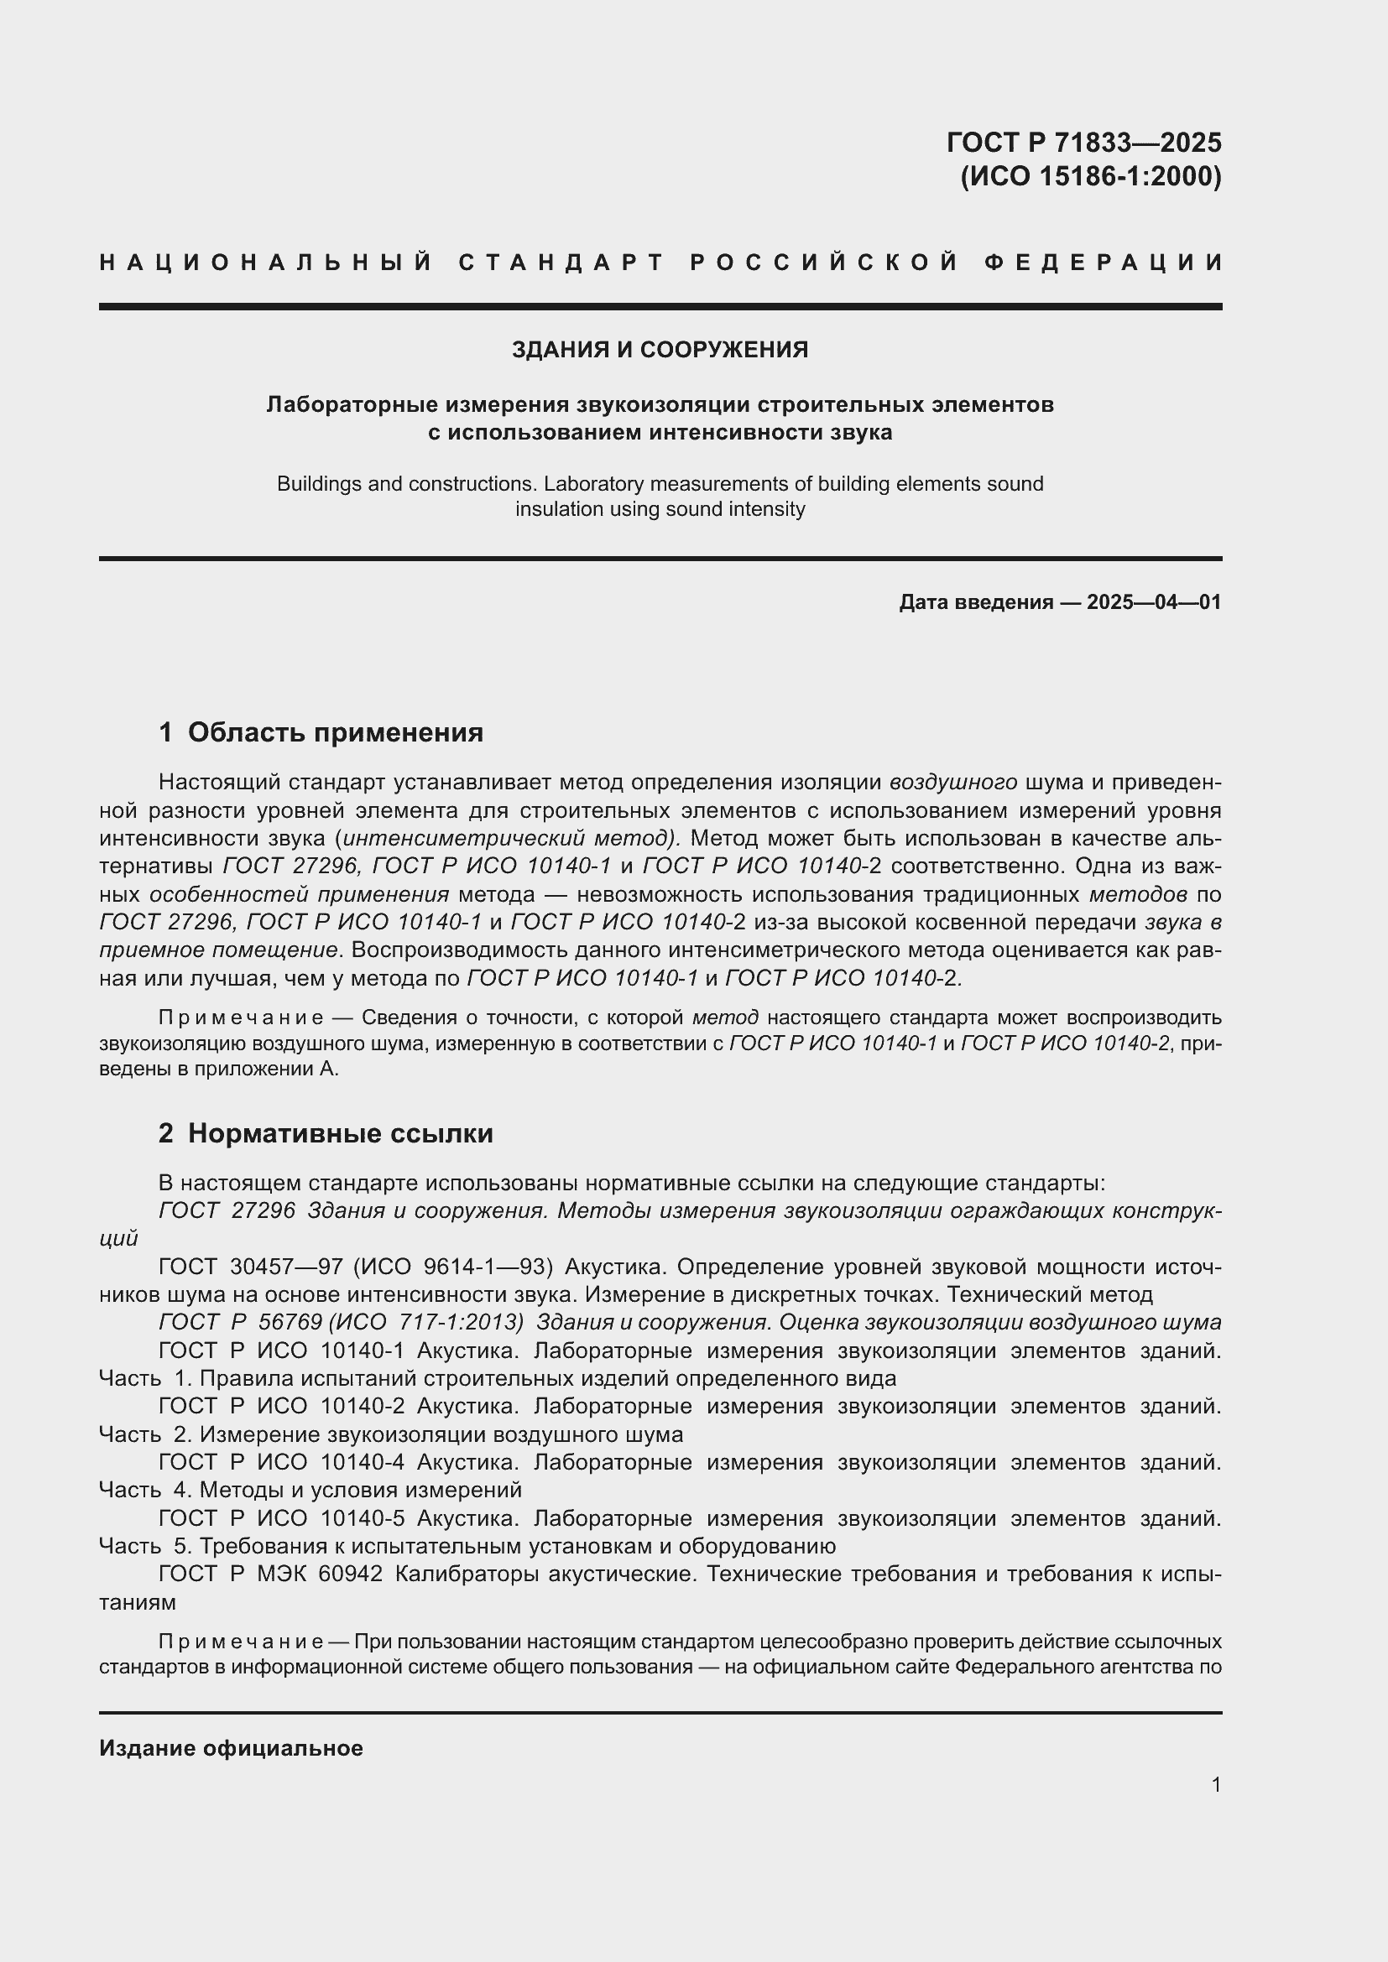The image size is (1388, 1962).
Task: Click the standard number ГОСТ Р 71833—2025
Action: click(x=1083, y=142)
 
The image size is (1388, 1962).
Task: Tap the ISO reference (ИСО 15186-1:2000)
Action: click(x=1091, y=176)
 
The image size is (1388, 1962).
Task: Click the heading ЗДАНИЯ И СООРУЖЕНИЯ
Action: click(x=659, y=350)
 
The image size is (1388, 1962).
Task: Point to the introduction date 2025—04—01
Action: click(x=1153, y=602)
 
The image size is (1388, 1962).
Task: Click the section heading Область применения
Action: click(x=335, y=732)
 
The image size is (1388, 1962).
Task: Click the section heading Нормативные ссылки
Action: click(x=340, y=1133)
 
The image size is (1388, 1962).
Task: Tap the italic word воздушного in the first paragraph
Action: click(x=952, y=782)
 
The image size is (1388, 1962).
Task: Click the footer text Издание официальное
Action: click(x=231, y=1748)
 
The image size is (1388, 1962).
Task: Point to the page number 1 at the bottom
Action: click(x=1215, y=1784)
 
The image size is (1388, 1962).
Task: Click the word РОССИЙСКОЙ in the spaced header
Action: click(x=823, y=263)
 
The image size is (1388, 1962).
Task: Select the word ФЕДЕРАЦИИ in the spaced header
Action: click(x=1104, y=263)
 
